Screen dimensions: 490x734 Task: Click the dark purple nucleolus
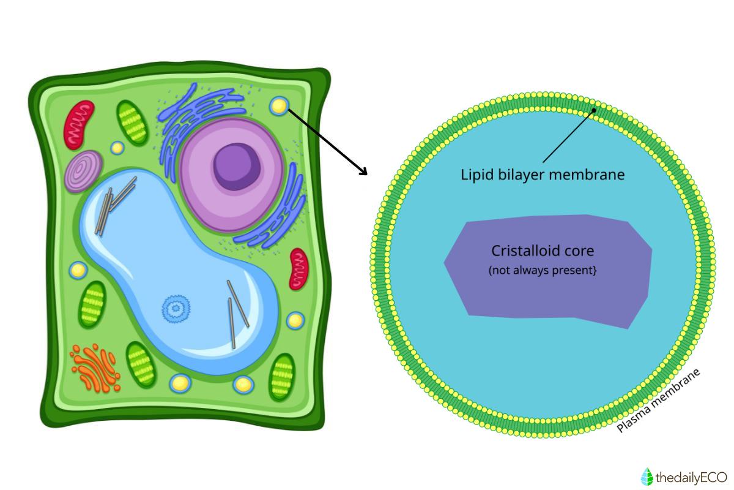(237, 164)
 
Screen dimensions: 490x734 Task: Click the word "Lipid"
(475, 175)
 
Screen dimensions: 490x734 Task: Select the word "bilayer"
(520, 175)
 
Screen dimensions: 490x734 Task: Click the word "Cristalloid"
(524, 251)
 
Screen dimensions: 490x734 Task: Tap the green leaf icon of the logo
(647, 476)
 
